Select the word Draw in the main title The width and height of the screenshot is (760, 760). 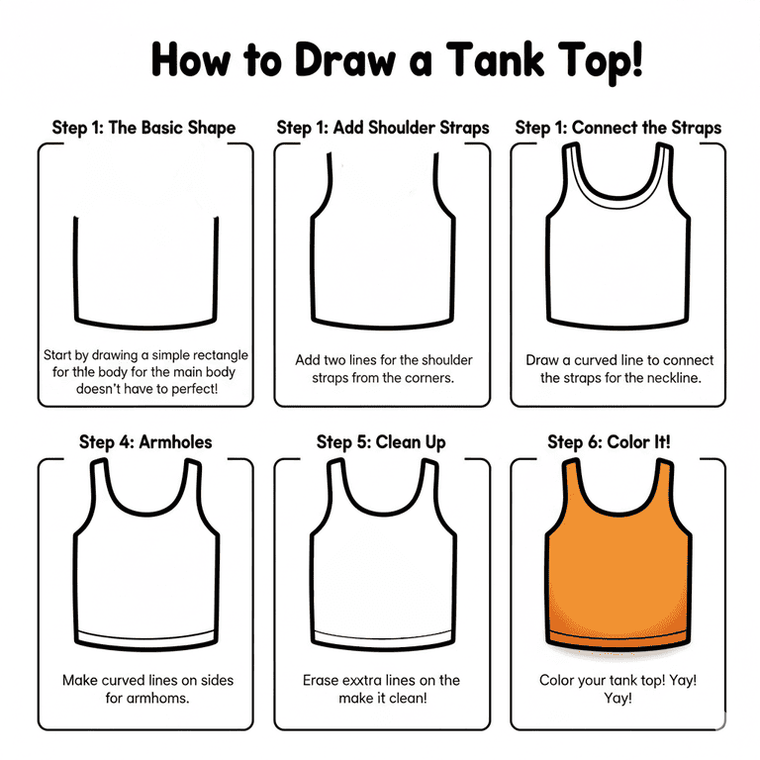[x=345, y=59]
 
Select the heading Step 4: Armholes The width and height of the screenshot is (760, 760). [x=145, y=442]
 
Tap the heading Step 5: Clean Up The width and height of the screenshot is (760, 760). [x=381, y=442]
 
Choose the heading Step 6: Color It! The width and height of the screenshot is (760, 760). [x=609, y=442]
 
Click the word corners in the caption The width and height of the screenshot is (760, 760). [x=427, y=378]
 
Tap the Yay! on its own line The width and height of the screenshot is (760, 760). [x=617, y=698]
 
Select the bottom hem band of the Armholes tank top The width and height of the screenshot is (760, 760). [x=145, y=638]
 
